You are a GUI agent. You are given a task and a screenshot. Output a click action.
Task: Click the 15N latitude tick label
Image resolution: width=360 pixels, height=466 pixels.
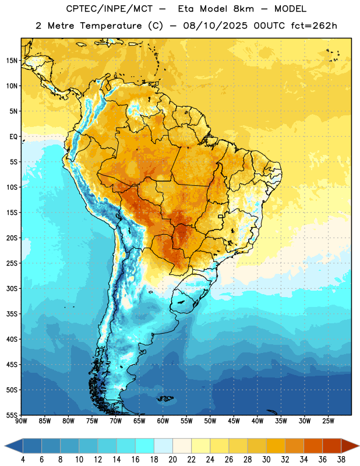[x=12, y=61]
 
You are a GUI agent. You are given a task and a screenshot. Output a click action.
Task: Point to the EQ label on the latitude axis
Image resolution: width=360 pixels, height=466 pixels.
[x=13, y=137]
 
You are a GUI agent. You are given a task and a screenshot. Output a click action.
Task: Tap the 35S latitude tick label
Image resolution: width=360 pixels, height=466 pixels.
[x=12, y=314]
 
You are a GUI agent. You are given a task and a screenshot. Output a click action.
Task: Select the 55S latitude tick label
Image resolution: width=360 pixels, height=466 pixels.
[x=12, y=415]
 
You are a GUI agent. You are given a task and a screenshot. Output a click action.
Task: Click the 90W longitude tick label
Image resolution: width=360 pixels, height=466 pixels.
[x=21, y=421]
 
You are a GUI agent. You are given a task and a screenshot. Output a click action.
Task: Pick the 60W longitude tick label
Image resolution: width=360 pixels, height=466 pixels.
[x=163, y=421]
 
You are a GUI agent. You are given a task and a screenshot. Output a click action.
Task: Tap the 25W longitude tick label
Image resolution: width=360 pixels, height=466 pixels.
[x=328, y=421]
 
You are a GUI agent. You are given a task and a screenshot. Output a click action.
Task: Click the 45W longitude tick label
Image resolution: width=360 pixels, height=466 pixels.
[x=234, y=421]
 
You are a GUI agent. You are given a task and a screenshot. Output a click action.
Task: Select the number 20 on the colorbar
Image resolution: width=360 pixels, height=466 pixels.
[x=172, y=460]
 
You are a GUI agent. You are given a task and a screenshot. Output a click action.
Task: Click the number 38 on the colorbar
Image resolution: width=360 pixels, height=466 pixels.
[x=341, y=460]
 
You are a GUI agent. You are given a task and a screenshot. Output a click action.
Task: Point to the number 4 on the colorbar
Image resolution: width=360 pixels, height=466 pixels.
[x=23, y=460]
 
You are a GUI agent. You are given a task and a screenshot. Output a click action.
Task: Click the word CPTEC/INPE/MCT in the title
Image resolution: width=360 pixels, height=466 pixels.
[x=110, y=9]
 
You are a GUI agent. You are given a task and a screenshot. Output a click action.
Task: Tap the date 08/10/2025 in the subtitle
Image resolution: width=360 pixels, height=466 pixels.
[x=216, y=26]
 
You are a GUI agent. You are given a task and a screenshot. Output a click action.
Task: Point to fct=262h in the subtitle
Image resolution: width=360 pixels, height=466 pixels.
[x=314, y=26]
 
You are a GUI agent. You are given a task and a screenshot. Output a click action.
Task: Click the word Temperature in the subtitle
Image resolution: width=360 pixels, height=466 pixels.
[x=111, y=26]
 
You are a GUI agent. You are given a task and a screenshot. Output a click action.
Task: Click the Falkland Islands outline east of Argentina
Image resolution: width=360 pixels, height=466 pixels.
[x=165, y=399]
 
